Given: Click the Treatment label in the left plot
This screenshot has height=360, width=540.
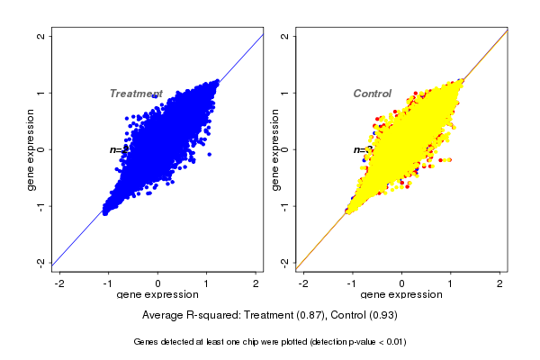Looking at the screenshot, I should pos(135,94).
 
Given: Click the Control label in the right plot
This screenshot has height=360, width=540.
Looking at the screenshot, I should pos(372,94).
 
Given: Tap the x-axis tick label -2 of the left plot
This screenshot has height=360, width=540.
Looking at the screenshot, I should pos(59,283).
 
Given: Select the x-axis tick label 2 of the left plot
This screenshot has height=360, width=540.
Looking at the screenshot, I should pos(256,283).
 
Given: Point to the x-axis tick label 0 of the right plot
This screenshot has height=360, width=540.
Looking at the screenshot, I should pos(402,283).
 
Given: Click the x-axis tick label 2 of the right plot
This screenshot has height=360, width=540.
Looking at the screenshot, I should pos(500,283).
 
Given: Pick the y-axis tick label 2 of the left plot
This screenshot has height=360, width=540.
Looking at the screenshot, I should pos(41,37).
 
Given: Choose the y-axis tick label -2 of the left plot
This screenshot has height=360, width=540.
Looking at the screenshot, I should pos(41,262).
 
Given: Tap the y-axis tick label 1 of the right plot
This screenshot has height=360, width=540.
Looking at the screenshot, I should pos(285,93).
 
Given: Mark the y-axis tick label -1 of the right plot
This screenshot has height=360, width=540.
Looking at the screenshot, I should pos(285,205).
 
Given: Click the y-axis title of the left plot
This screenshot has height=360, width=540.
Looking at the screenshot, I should pos(31,149).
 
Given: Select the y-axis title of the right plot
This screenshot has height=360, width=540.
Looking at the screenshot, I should pos(274,149).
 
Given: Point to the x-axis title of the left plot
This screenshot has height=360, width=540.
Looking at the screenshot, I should pos(158,294).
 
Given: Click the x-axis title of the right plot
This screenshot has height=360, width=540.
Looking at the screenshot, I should pos(402,294).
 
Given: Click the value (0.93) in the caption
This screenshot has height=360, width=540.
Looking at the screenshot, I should pos(382,316).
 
